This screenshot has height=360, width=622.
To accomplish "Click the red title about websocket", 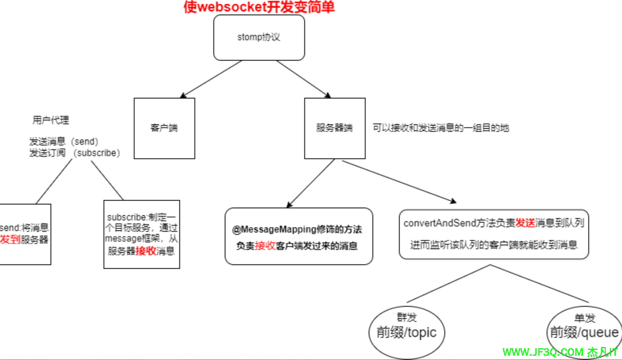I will coord(259,7).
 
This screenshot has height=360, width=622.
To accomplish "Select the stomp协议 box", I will coord(259,37).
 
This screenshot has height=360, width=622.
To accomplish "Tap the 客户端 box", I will coord(164,128).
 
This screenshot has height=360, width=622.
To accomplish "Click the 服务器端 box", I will coord(335,128).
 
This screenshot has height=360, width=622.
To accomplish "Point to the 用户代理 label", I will coord(51,120).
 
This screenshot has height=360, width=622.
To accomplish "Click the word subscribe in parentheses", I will coord(96,153).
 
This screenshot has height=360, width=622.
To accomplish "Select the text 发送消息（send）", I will coord(64,142).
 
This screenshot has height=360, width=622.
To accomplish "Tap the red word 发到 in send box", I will coord(10,240).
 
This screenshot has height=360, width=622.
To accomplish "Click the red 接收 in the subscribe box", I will coord(146,251).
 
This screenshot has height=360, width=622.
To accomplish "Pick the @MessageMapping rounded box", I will coord(299,236).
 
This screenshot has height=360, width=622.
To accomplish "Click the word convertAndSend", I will coord(440,223).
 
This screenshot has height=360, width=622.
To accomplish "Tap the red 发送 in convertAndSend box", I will coord(525,223).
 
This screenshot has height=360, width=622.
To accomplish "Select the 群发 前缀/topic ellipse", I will coord(407,332).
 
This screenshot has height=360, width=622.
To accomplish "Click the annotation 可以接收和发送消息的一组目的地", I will coord(441,128).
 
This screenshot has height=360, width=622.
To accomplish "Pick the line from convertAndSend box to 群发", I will coord(448,284).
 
